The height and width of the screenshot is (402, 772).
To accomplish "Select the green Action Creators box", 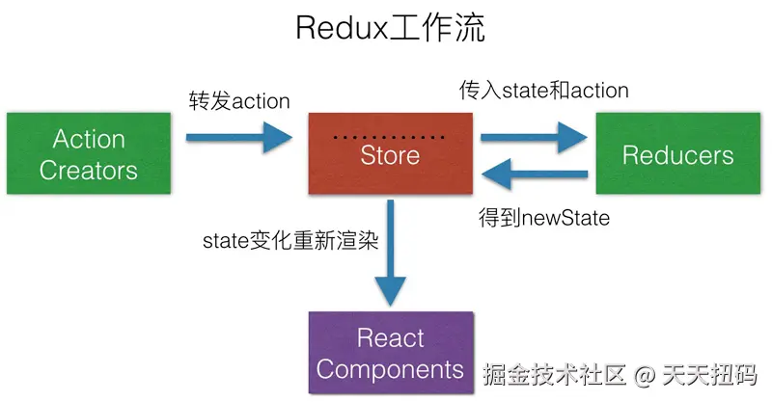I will click(89, 154).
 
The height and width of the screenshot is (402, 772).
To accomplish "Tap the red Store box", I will click(390, 154).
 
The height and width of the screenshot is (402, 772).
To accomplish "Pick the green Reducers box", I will click(677, 154).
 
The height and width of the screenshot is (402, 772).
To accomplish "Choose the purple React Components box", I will click(390, 353).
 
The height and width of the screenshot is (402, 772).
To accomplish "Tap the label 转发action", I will click(239, 99).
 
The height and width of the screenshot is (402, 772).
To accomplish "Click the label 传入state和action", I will click(543, 92).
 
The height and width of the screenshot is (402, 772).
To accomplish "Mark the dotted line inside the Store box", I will click(390, 138).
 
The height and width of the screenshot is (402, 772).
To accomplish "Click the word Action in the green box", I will click(89, 140).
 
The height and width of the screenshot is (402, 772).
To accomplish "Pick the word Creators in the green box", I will click(89, 171).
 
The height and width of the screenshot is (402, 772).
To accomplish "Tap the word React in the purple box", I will click(390, 338).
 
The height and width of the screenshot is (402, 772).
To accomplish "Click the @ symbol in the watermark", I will click(645, 372).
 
